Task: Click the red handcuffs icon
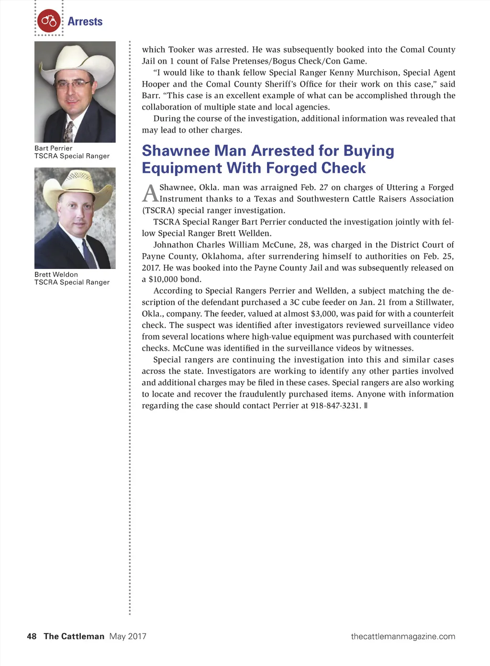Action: [49, 21]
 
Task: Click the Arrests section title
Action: [85, 22]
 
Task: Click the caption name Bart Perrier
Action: [54, 148]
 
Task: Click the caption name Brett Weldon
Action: [56, 275]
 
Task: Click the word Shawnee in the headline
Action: [176, 151]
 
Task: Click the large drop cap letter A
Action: [150, 194]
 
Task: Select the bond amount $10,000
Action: [167, 279]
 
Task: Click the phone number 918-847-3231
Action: [335, 406]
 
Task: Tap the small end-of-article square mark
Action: [366, 406]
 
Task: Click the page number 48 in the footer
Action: [32, 636]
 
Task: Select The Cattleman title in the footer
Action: [74, 636]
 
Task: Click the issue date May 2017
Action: [128, 636]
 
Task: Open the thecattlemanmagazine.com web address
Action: [403, 636]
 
